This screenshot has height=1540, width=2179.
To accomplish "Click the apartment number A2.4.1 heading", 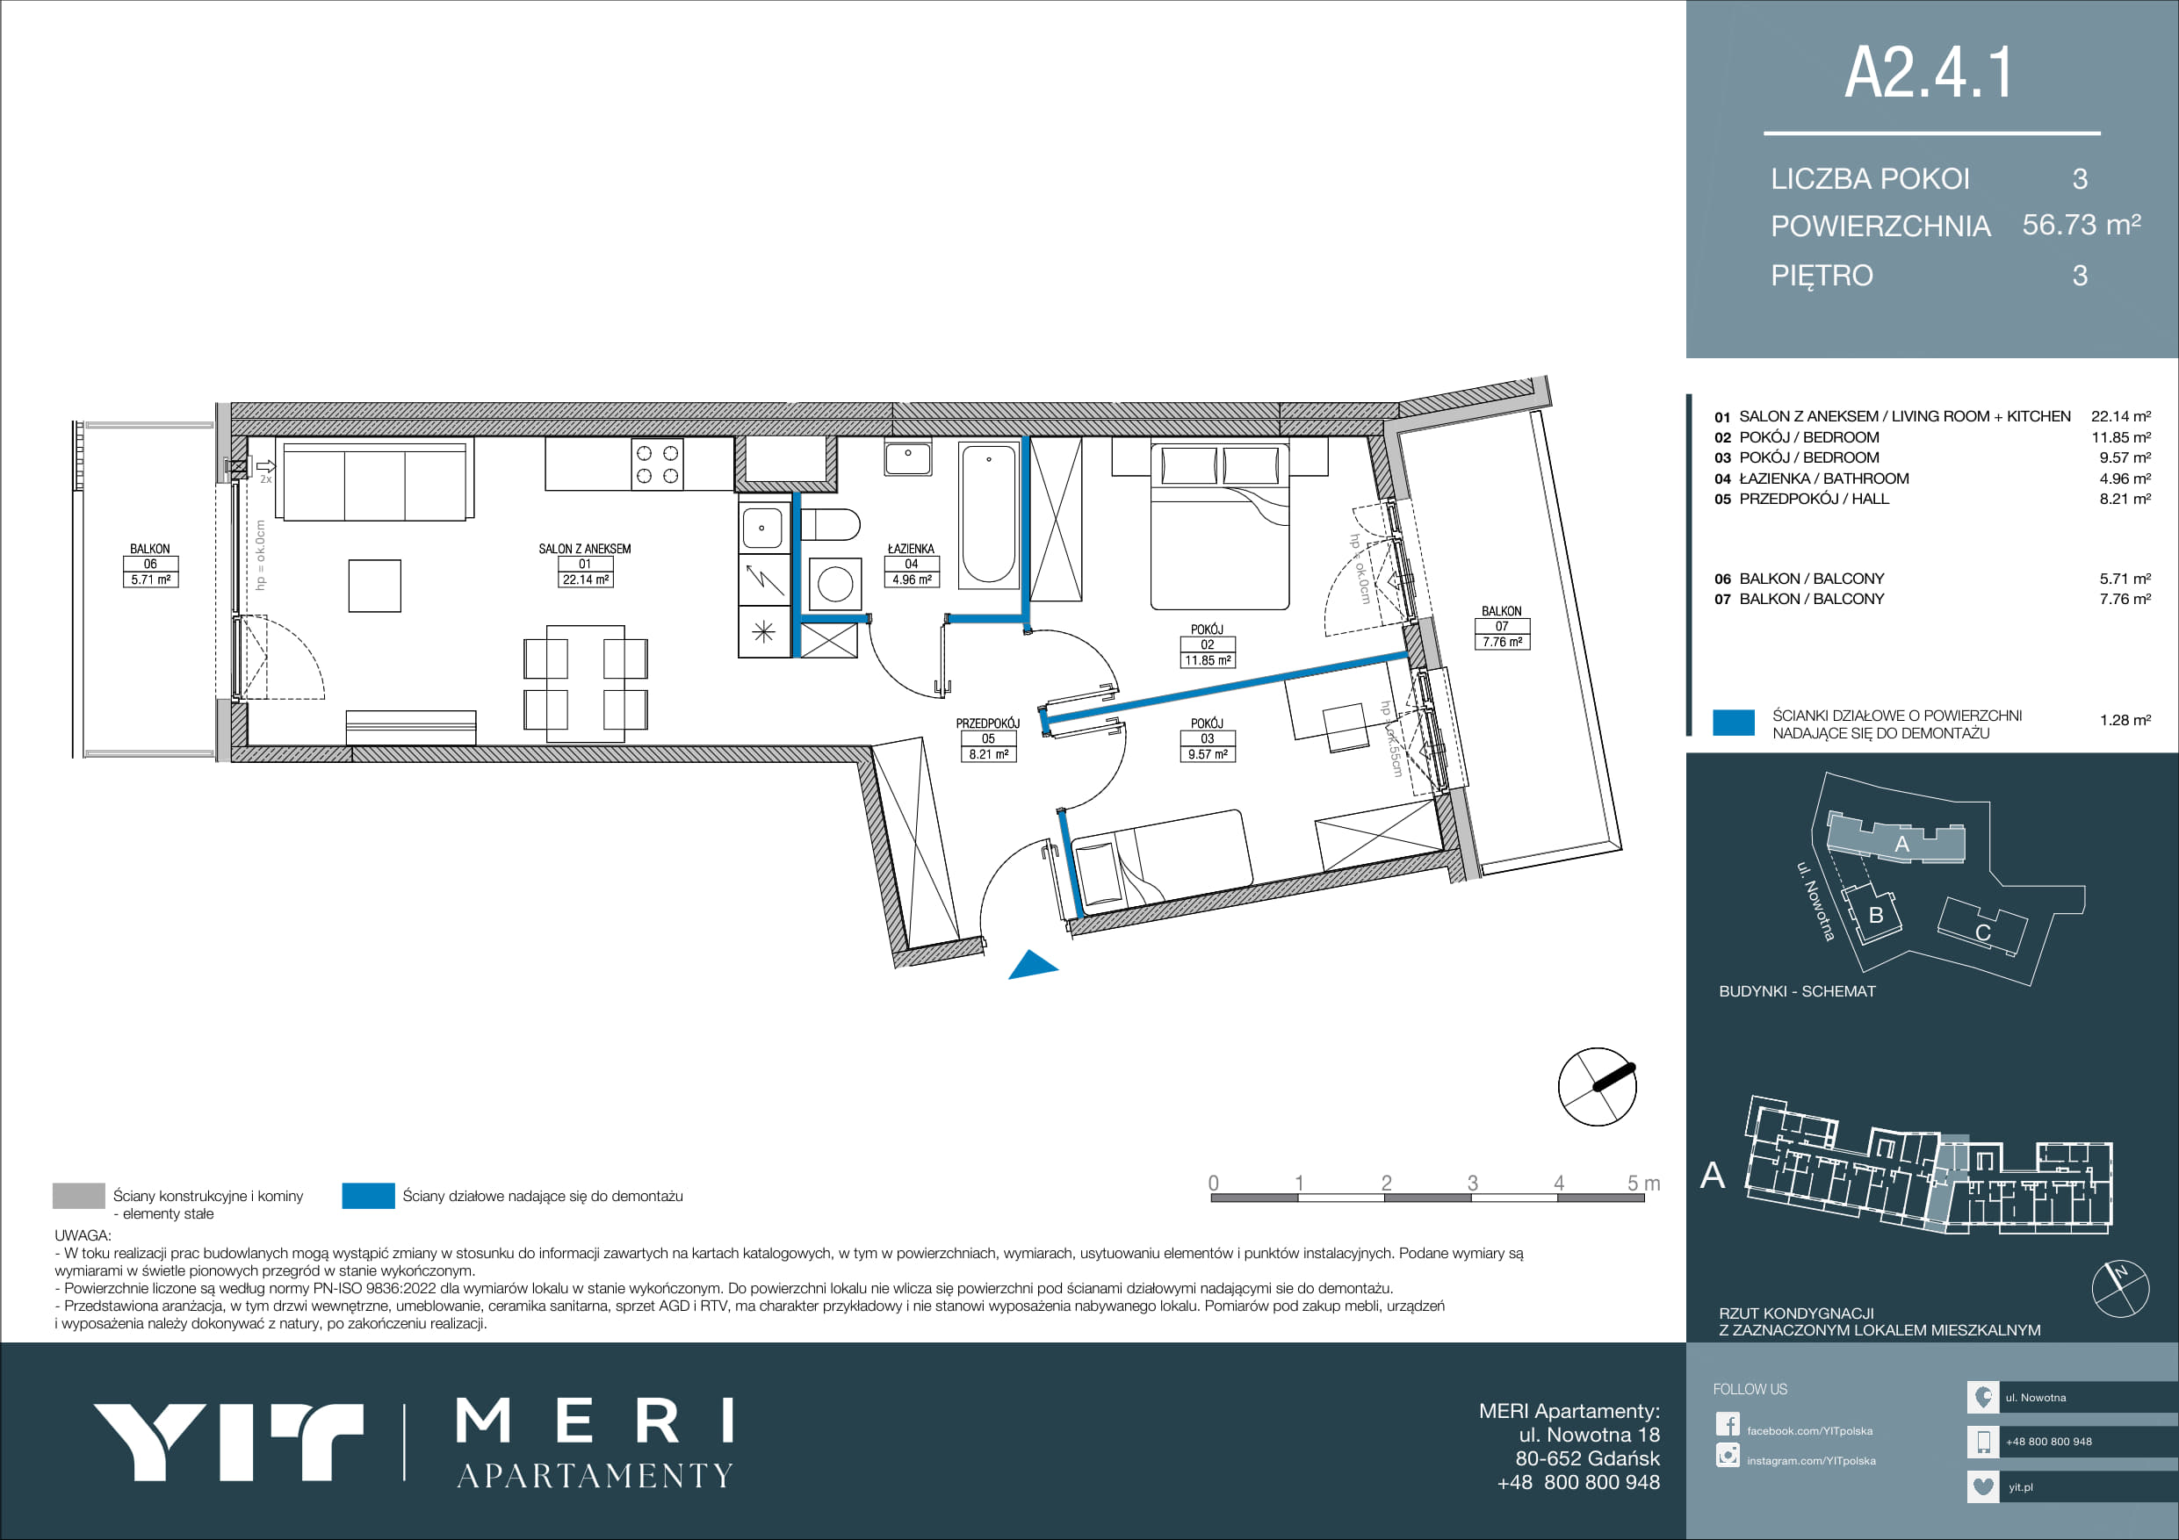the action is point(1929,72).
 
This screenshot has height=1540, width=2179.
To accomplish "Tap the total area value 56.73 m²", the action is point(2082,225).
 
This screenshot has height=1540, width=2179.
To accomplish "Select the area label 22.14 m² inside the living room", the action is point(586,579).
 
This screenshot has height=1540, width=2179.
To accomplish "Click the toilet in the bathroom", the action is point(831,524).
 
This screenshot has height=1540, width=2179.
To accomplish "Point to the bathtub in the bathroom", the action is point(988,515).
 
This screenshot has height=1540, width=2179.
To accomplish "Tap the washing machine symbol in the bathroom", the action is point(835,584).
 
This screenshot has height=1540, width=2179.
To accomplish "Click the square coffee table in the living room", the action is point(375,586).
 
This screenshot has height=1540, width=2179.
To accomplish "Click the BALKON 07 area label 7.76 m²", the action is point(1501,643).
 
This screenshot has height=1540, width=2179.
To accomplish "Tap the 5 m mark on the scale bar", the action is point(1644,1184).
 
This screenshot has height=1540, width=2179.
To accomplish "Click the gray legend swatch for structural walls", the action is point(79,1196).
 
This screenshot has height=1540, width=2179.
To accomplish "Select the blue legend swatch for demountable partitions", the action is point(368,1196).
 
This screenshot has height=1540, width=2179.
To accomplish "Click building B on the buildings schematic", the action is point(1874,915).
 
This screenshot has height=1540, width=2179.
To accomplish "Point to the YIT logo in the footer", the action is point(228,1443).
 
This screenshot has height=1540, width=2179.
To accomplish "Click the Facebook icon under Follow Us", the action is point(1728,1424).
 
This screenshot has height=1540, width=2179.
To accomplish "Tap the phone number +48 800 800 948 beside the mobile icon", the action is point(2049,1442).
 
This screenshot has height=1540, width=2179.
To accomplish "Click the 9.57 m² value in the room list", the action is point(2125,457).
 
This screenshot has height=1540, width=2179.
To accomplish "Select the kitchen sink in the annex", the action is point(762,528).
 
